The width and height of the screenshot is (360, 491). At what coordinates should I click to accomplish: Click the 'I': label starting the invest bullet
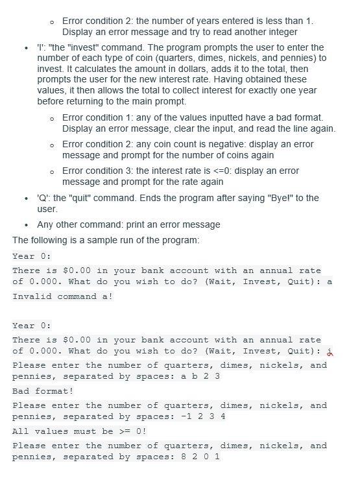coord(41,48)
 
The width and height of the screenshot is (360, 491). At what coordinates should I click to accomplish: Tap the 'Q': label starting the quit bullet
coord(43,198)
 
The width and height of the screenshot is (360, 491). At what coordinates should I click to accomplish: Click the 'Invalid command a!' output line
coord(63,296)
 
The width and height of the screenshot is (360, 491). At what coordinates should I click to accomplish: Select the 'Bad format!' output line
coord(43,391)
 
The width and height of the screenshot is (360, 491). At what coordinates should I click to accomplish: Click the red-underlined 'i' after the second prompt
coord(330,351)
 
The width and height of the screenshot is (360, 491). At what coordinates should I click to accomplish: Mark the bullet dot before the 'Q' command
coord(25,198)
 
